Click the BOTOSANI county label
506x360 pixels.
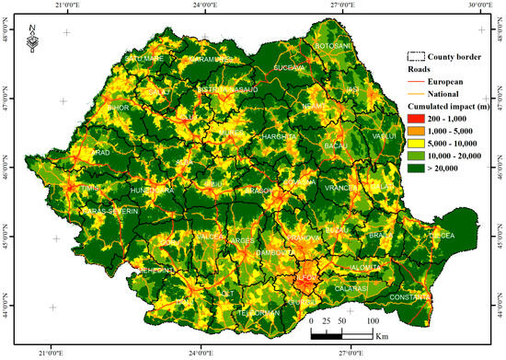(333, 46)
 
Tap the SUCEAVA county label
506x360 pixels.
(290, 66)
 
